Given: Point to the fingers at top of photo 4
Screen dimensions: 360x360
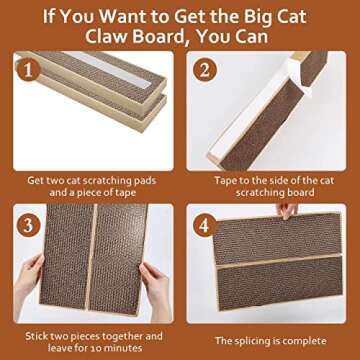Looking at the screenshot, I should click(288, 211).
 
